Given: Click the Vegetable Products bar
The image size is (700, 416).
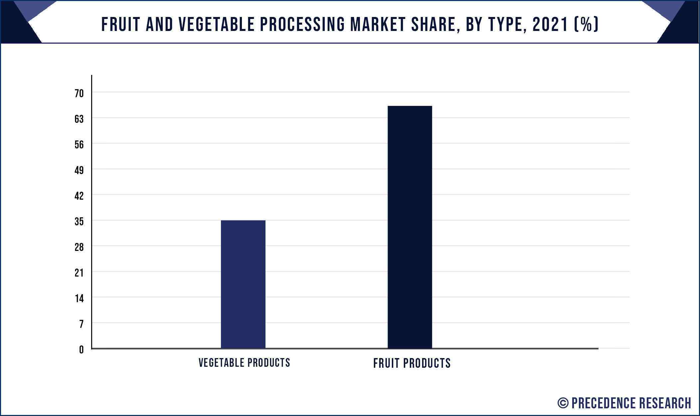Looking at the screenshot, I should pyautogui.click(x=243, y=284).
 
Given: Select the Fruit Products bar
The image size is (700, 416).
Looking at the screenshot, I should pyautogui.click(x=410, y=227).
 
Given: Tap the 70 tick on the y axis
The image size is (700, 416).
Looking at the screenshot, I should pyautogui.click(x=79, y=94).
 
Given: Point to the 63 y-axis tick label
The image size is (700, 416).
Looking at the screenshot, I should pyautogui.click(x=79, y=119).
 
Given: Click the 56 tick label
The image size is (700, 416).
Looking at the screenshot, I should pyautogui.click(x=79, y=145).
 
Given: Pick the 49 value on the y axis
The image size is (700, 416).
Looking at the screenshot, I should pyautogui.click(x=79, y=170).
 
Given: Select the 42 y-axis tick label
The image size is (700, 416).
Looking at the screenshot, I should pyautogui.click(x=79, y=196).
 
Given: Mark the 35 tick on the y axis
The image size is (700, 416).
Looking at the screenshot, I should pyautogui.click(x=79, y=222).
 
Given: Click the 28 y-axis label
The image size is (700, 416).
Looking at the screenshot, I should pyautogui.click(x=79, y=247).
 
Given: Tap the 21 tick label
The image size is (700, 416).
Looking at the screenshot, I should pyautogui.click(x=79, y=273).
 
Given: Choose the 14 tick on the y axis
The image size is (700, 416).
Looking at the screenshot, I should pyautogui.click(x=79, y=299).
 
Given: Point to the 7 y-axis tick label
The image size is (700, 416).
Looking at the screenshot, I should pyautogui.click(x=82, y=324).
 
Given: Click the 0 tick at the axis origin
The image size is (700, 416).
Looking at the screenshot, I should pyautogui.click(x=82, y=350).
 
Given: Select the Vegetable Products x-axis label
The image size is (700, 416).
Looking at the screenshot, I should pyautogui.click(x=244, y=363).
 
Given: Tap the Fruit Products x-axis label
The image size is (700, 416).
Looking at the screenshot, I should pyautogui.click(x=412, y=363).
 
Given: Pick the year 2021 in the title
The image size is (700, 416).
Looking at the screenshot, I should pyautogui.click(x=550, y=25).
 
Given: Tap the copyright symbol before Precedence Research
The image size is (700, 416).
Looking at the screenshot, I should pyautogui.click(x=563, y=403).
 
